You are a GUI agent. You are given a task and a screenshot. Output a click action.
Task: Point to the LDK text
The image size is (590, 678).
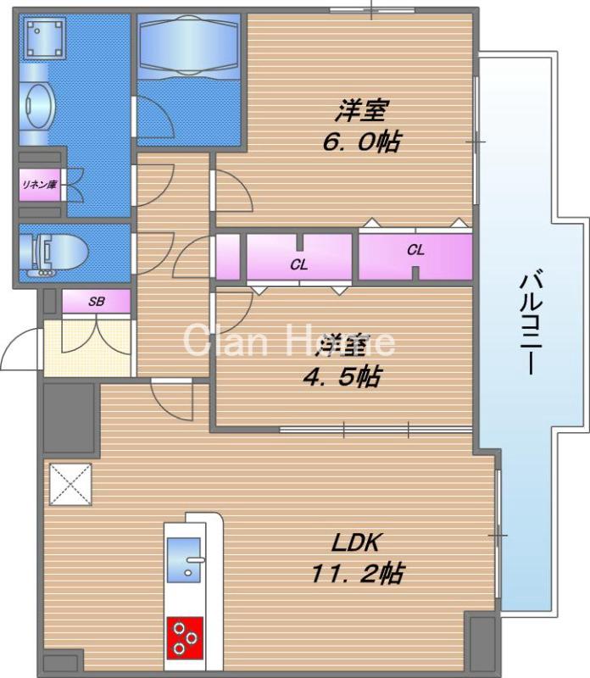(x=359, y=542)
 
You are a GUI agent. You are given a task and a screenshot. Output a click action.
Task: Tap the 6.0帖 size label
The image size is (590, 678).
(x=360, y=141)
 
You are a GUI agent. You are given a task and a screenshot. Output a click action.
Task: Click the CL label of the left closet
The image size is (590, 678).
(x=298, y=264)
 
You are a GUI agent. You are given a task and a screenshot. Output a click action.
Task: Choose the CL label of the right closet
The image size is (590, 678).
(x=415, y=249)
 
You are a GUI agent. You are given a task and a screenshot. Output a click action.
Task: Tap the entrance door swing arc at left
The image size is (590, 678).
(x=19, y=352)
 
